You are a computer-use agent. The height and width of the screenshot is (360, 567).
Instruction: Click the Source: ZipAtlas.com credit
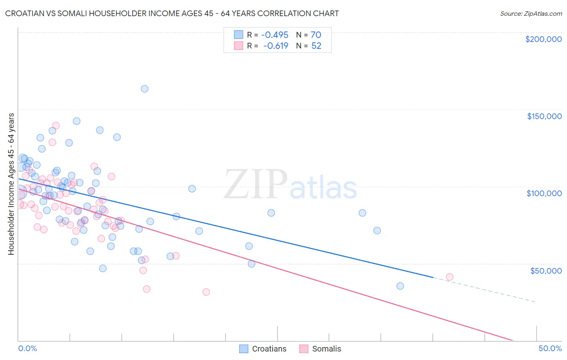pyautogui.click(x=531, y=14)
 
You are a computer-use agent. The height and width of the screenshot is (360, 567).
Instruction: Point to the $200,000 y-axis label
pyautogui.click(x=543, y=39)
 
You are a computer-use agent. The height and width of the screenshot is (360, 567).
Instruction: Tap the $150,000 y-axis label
pyautogui.click(x=544, y=116)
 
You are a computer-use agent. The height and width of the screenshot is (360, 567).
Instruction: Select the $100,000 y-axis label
pyautogui.click(x=544, y=193)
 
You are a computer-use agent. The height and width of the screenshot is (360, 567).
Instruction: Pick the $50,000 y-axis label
pyautogui.click(x=546, y=270)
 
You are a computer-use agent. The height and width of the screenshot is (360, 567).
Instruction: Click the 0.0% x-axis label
pyautogui.click(x=27, y=348)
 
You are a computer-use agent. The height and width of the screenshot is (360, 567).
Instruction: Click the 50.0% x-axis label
pyautogui.click(x=550, y=348)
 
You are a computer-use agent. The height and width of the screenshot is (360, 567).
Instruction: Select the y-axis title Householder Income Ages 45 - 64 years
pyautogui.click(x=11, y=184)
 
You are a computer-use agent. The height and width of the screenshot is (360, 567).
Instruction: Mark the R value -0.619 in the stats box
pyautogui.click(x=276, y=46)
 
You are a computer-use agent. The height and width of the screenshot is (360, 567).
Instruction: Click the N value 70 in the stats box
pyautogui.click(x=316, y=35)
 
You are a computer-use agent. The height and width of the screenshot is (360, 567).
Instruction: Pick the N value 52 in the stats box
pyautogui.click(x=316, y=46)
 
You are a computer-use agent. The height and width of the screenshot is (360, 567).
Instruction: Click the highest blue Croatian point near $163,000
pyautogui.click(x=144, y=89)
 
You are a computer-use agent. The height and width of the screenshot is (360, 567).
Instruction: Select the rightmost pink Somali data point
pyautogui.click(x=450, y=277)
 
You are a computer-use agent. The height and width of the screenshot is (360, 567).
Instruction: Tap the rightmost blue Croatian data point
pyautogui.click(x=400, y=286)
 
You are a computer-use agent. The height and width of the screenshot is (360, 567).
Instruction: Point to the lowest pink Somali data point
pyautogui.click(x=206, y=292)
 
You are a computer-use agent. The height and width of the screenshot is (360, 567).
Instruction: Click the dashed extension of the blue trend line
pyautogui.click(x=484, y=290)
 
